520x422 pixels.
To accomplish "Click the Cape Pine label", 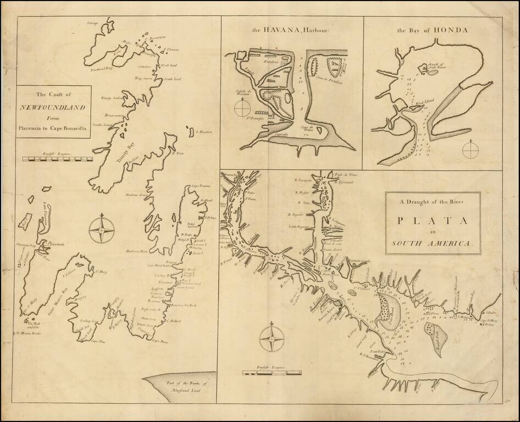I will click(98, 341).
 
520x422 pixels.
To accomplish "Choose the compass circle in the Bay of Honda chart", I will click(471, 149).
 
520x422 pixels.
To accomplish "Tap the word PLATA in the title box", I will click(433, 220).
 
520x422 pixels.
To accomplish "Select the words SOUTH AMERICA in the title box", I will click(433, 243).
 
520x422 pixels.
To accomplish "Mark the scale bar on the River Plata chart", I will click(272, 373).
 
